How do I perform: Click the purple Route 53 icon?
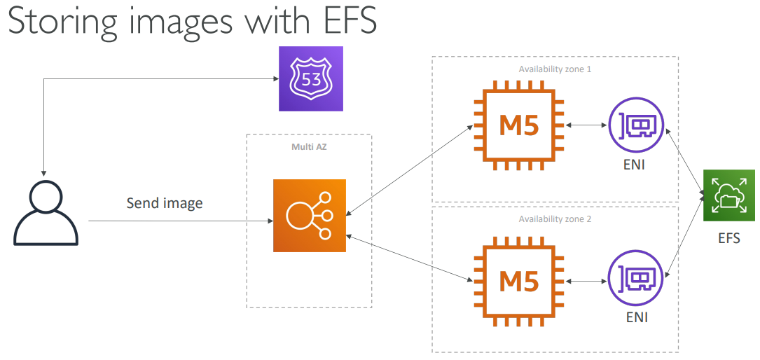pos(311,78)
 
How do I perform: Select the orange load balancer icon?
pos(310,215)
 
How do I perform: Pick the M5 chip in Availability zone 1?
pos(519,125)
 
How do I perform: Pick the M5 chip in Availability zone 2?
pos(519,282)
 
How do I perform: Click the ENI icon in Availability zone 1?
pos(635,126)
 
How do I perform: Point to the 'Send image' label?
pos(165,204)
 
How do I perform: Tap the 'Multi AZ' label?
pos(309,147)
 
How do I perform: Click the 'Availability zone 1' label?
pos(555,69)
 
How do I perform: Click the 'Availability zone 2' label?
pos(555,219)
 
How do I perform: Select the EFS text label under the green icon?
pos(728,238)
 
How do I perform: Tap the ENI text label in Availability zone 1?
pos(635,166)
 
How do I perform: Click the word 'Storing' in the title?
pos(61,22)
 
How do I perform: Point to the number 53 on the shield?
pos(311,78)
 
